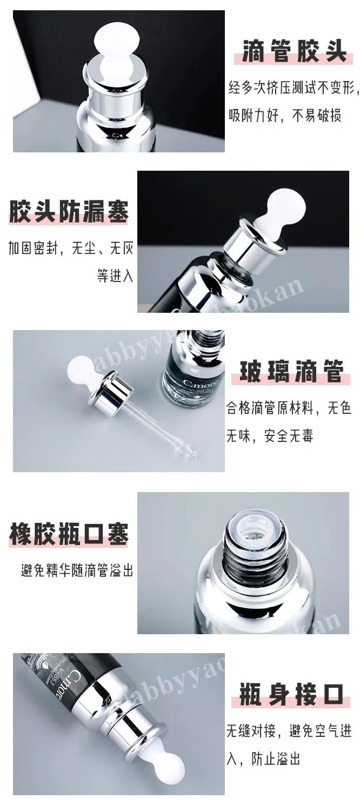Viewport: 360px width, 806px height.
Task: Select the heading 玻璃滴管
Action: point(292,372)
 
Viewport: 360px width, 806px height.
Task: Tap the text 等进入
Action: point(115,276)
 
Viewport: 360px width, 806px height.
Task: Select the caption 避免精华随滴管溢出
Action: point(77,570)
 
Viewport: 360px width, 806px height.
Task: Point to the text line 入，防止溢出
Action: point(263,759)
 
